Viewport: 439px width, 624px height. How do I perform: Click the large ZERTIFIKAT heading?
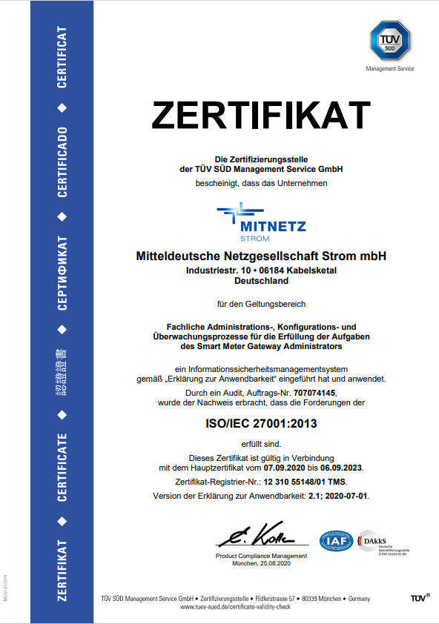tap(261, 115)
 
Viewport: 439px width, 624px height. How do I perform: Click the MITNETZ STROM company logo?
tap(261, 220)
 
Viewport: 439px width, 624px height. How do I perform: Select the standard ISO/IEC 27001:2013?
tap(261, 425)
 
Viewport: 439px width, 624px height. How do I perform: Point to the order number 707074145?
tap(315, 392)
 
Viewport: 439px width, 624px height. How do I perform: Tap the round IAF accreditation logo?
tap(336, 541)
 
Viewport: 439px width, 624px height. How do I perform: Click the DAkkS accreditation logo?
tap(378, 541)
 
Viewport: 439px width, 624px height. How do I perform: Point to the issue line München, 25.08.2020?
tap(261, 564)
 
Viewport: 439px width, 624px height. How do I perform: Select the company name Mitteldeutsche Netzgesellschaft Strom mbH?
tap(261, 256)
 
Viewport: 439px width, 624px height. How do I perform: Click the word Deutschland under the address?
tap(261, 282)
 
